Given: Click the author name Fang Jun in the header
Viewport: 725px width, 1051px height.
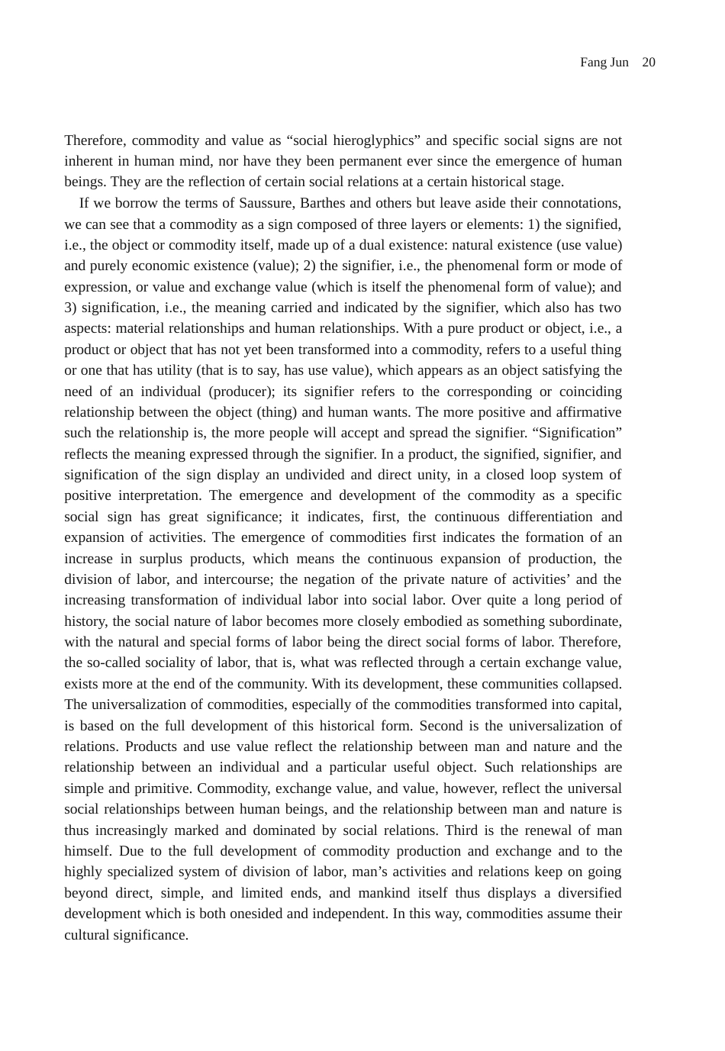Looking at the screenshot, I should point(604,63).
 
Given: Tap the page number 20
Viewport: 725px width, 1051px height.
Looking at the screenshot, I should point(649,63).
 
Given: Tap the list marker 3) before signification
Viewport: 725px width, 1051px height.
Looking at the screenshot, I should point(70,308).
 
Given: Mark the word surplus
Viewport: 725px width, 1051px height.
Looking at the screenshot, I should point(161,559).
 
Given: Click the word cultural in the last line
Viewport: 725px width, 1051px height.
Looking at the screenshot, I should point(86,935).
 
